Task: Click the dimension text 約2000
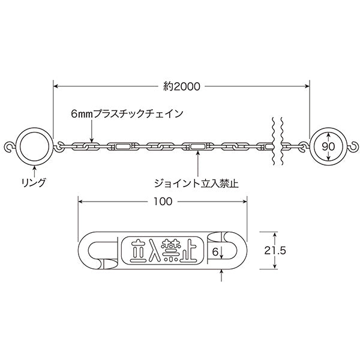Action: [182, 86]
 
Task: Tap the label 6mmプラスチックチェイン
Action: [127, 114]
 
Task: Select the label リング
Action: [34, 182]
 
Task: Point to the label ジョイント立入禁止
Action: [196, 184]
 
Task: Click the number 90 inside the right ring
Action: [328, 146]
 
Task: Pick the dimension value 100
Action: [163, 202]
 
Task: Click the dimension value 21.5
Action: [275, 250]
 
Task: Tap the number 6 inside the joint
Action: [215, 252]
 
